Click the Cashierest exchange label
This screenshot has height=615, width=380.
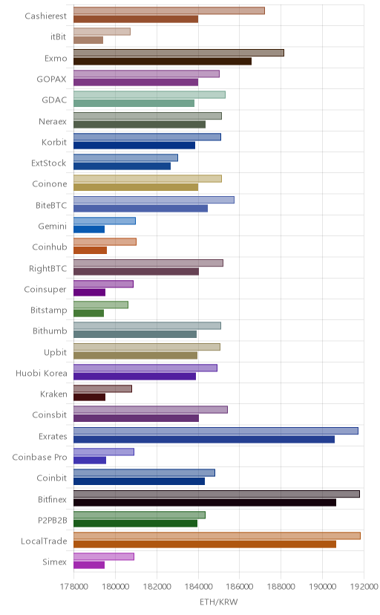point(45,16)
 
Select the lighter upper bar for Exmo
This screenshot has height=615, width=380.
point(179,53)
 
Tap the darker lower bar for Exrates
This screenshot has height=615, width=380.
point(204,439)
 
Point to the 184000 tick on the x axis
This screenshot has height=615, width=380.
point(198,587)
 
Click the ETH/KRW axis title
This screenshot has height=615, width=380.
point(219,602)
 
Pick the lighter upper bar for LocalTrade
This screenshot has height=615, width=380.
point(217,536)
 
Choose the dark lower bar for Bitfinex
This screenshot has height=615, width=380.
point(205,502)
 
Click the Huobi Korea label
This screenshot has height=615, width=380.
point(41,373)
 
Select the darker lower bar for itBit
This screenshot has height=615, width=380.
point(88,40)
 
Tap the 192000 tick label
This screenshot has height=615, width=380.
point(364,587)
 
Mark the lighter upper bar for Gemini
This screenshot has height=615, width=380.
point(105,221)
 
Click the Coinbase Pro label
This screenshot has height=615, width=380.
point(39,458)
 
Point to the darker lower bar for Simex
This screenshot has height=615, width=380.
point(89,564)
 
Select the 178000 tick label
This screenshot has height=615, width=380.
point(73,587)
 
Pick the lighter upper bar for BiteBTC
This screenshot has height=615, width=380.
point(154,200)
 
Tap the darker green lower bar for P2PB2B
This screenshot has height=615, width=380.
point(136,523)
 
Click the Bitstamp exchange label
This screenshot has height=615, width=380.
point(48,310)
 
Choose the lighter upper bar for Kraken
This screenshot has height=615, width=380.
point(102,388)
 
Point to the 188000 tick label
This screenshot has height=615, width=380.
point(281,587)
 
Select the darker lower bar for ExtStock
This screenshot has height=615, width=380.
point(122,166)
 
